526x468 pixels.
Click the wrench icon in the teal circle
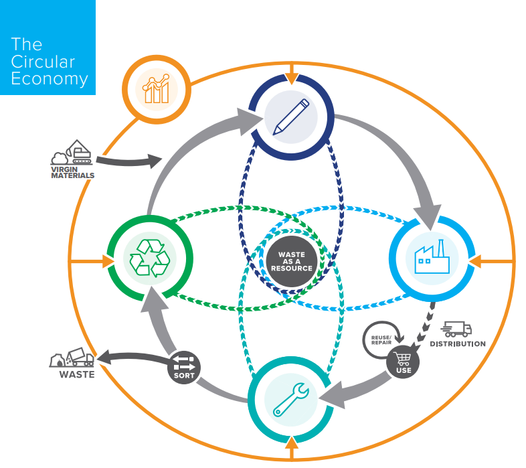click(x=290, y=400)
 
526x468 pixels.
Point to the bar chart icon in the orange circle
click(x=157, y=89)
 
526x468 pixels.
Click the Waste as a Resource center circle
click(x=292, y=261)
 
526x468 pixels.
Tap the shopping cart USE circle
click(x=404, y=362)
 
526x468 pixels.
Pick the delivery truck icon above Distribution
click(x=458, y=329)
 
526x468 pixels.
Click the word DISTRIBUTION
click(x=458, y=344)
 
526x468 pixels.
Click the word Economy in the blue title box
click(x=50, y=80)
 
